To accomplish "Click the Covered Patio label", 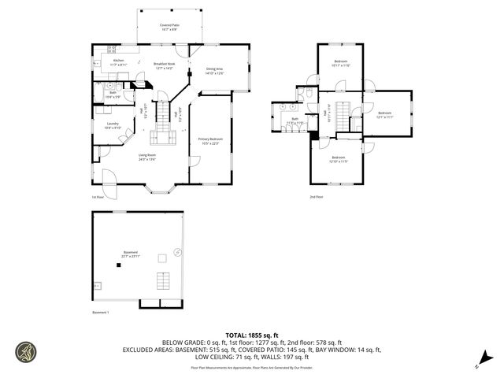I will tap(167, 26).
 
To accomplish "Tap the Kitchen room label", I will tap(118, 61).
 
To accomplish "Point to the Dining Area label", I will tap(215, 71).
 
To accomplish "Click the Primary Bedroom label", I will tap(211, 141).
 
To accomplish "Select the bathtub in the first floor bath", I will tap(107, 87).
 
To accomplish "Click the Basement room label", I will tap(131, 254).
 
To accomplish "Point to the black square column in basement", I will tap(119, 266).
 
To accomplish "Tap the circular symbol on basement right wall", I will tap(177, 252).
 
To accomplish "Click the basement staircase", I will tap(163, 280).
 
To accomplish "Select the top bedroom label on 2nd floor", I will tap(341, 63).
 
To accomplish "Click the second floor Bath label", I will tap(295, 120).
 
